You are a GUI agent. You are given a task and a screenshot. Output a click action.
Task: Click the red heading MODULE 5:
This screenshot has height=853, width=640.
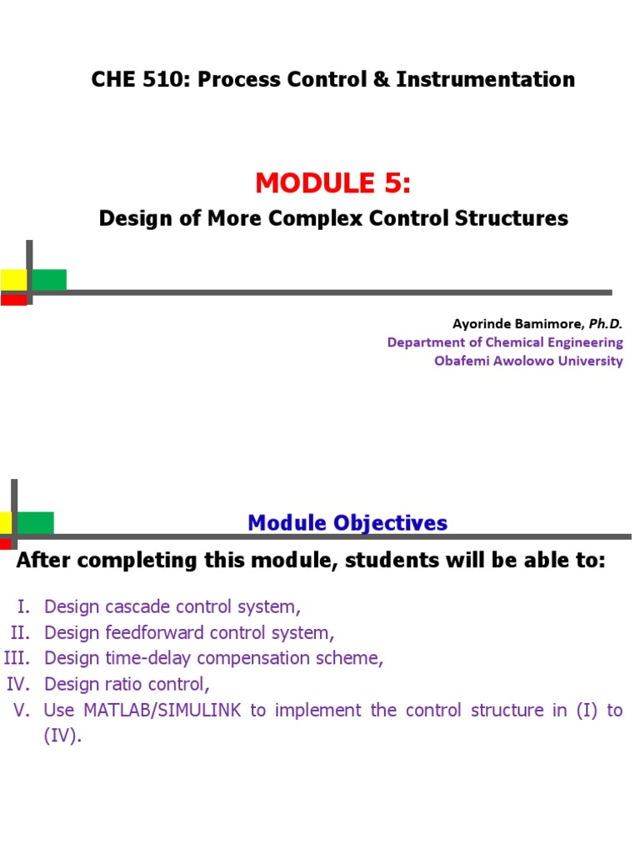[333, 181]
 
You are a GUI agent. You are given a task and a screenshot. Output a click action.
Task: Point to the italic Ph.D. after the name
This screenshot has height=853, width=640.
[606, 323]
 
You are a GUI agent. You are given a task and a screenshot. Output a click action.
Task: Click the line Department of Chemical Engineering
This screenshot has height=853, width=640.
[505, 342]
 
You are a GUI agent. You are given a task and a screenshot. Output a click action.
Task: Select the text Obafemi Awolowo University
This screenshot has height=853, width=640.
[528, 361]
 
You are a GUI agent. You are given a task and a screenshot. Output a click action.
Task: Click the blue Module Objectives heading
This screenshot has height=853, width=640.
[347, 523]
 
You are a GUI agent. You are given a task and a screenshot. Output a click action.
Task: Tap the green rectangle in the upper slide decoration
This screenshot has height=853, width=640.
[49, 279]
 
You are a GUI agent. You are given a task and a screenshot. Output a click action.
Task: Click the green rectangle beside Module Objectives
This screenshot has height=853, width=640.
[36, 522]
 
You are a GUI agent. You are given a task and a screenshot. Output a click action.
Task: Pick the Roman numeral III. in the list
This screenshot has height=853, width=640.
[17, 658]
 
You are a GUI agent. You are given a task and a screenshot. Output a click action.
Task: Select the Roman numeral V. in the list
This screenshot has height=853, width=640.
[22, 711]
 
